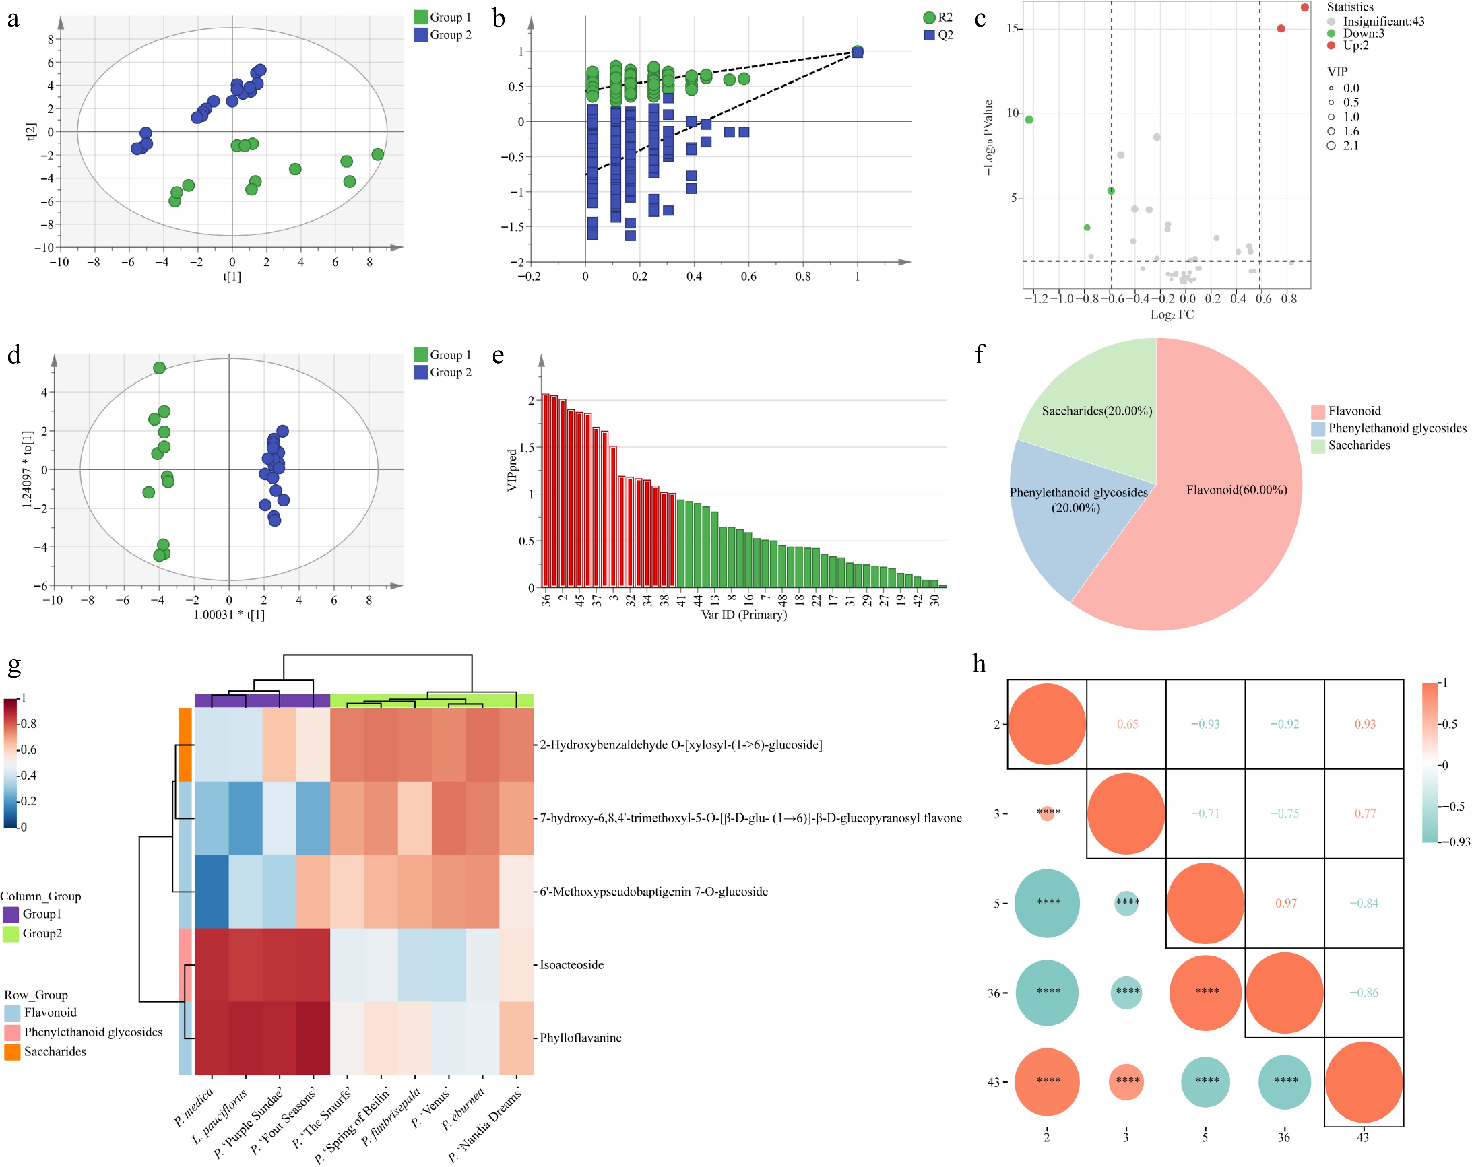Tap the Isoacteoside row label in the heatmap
pyautogui.click(x=572, y=964)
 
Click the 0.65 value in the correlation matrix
pyautogui.click(x=1127, y=724)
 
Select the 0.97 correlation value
pyautogui.click(x=1286, y=903)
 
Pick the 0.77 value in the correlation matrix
pyautogui.click(x=1365, y=813)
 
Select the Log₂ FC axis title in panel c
pyautogui.click(x=1172, y=314)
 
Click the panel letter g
pyautogui.click(x=14, y=665)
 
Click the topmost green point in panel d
pyautogui.click(x=159, y=368)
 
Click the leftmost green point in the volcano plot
pyautogui.click(x=1029, y=120)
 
